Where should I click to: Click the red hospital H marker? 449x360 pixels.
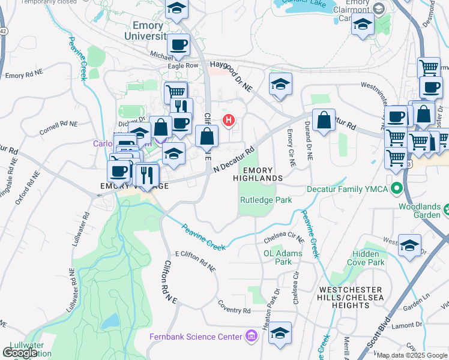pyautogui.click(x=228, y=121)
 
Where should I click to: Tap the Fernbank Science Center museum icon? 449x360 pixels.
pyautogui.click(x=252, y=337)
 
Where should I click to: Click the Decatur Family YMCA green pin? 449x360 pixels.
pyautogui.click(x=396, y=189)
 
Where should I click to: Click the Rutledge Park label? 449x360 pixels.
pyautogui.click(x=266, y=200)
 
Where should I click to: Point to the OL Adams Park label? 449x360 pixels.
pyautogui.click(x=277, y=257)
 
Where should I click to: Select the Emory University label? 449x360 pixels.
pyautogui.click(x=148, y=31)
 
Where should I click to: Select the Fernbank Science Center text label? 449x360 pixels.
pyautogui.click(x=195, y=337)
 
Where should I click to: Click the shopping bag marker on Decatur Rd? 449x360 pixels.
pyautogui.click(x=324, y=119)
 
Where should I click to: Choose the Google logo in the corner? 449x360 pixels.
pyautogui.click(x=20, y=353)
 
